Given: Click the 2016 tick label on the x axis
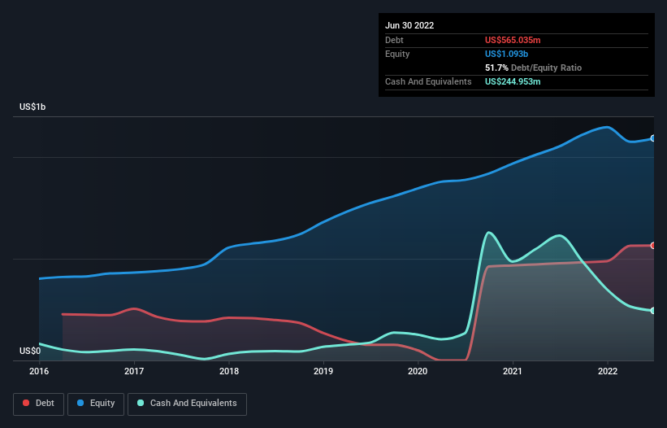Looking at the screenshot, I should click(39, 371).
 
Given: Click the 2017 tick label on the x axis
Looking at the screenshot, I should click(134, 371).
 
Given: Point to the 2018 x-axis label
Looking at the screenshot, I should click(229, 371).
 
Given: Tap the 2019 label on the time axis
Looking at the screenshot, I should click(323, 371).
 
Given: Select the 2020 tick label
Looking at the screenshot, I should click(418, 371).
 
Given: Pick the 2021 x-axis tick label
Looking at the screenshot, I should click(513, 371).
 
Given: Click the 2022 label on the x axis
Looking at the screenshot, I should click(608, 371).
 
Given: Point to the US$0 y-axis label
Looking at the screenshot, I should click(29, 351).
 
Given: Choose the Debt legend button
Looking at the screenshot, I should click(40, 404).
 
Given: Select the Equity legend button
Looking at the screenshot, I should click(96, 404).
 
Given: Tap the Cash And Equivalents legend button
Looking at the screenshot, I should click(187, 404).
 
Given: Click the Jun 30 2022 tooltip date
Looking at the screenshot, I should click(409, 25).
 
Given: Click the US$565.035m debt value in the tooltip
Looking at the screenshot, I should click(513, 40).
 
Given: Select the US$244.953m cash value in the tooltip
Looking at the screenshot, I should click(513, 81).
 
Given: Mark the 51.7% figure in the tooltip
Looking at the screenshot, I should click(496, 68).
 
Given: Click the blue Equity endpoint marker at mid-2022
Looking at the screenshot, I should click(653, 138).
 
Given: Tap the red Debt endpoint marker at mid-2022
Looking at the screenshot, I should click(653, 246).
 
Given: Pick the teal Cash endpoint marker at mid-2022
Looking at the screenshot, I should click(653, 311).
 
